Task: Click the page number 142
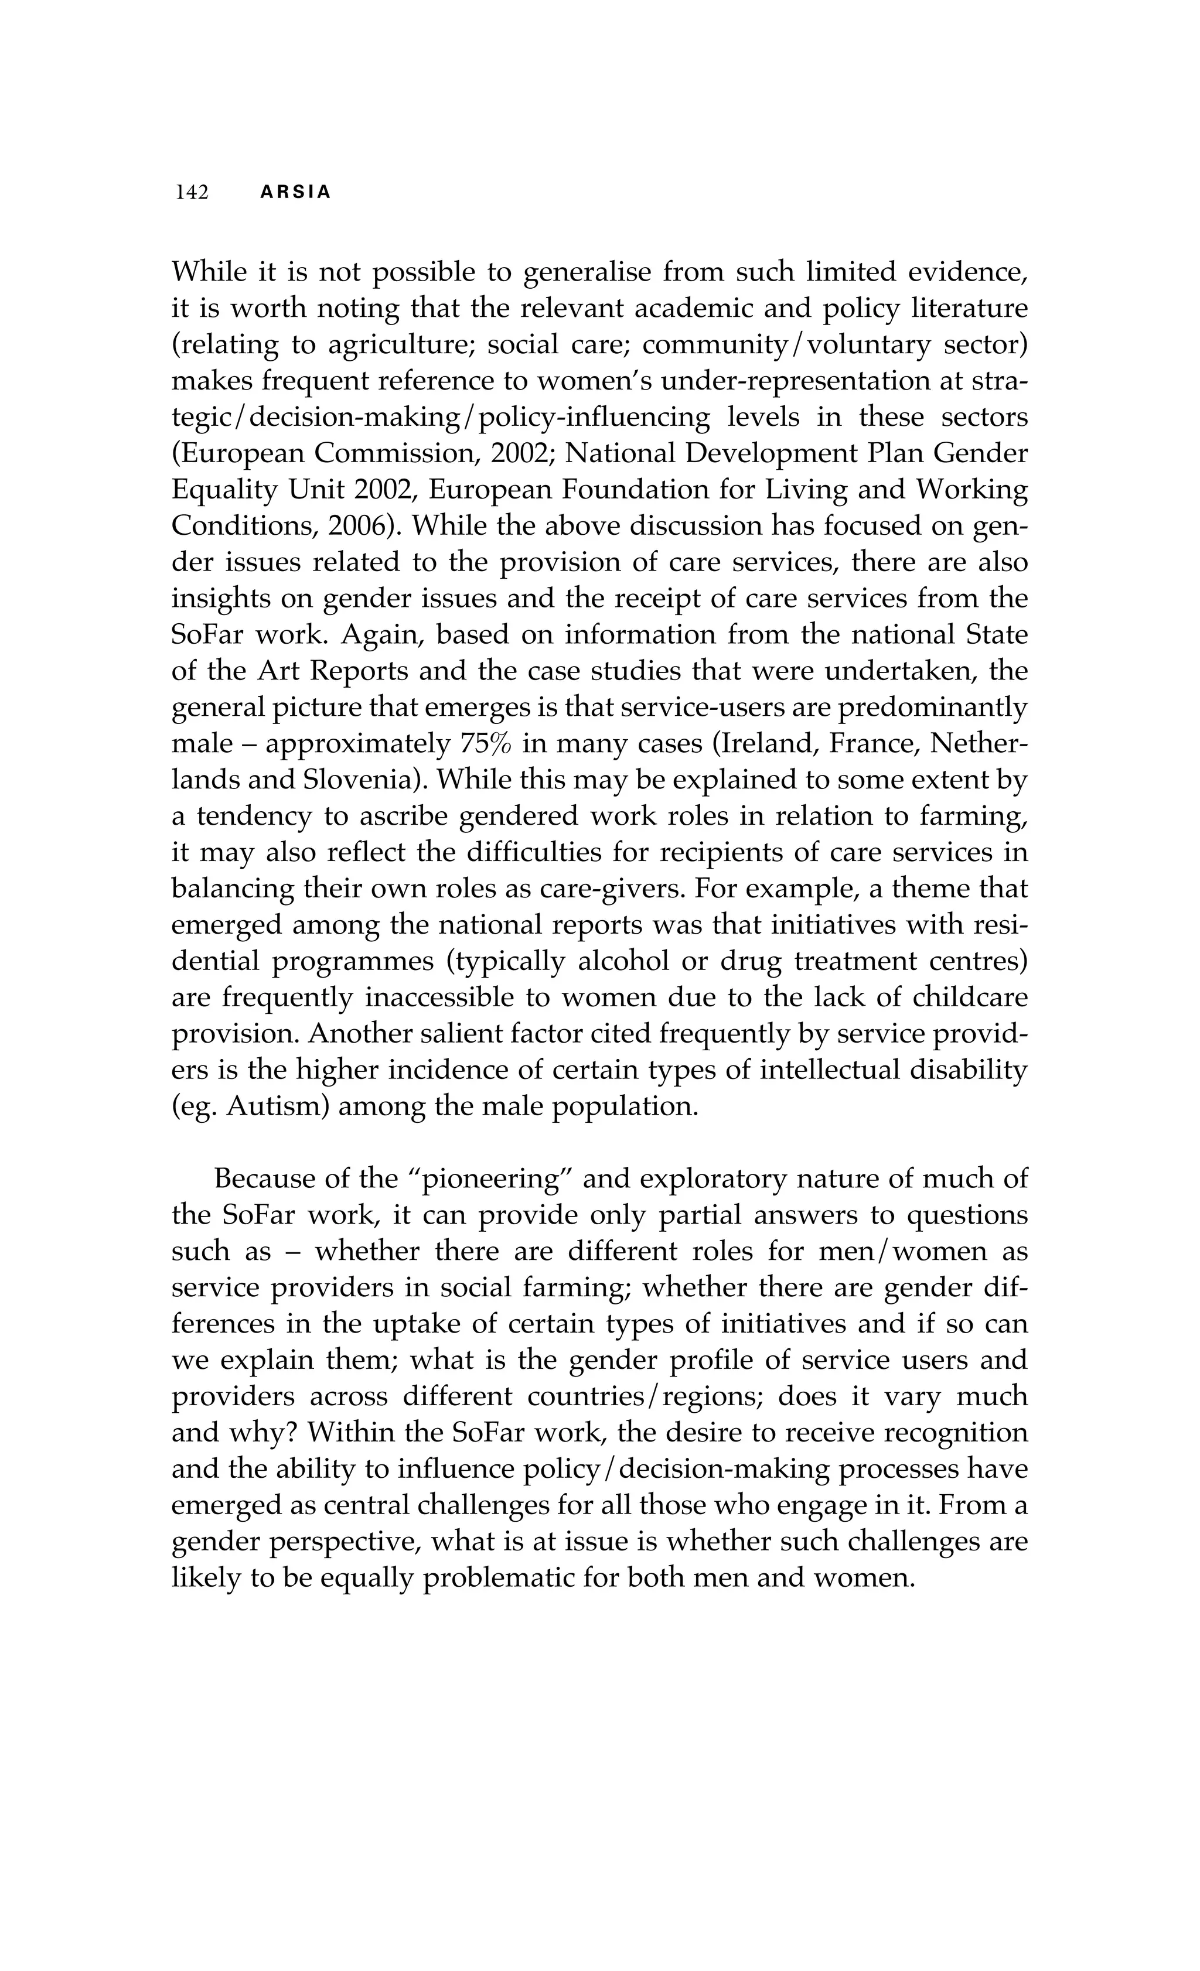tap(192, 193)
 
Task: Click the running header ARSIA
tap(295, 193)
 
